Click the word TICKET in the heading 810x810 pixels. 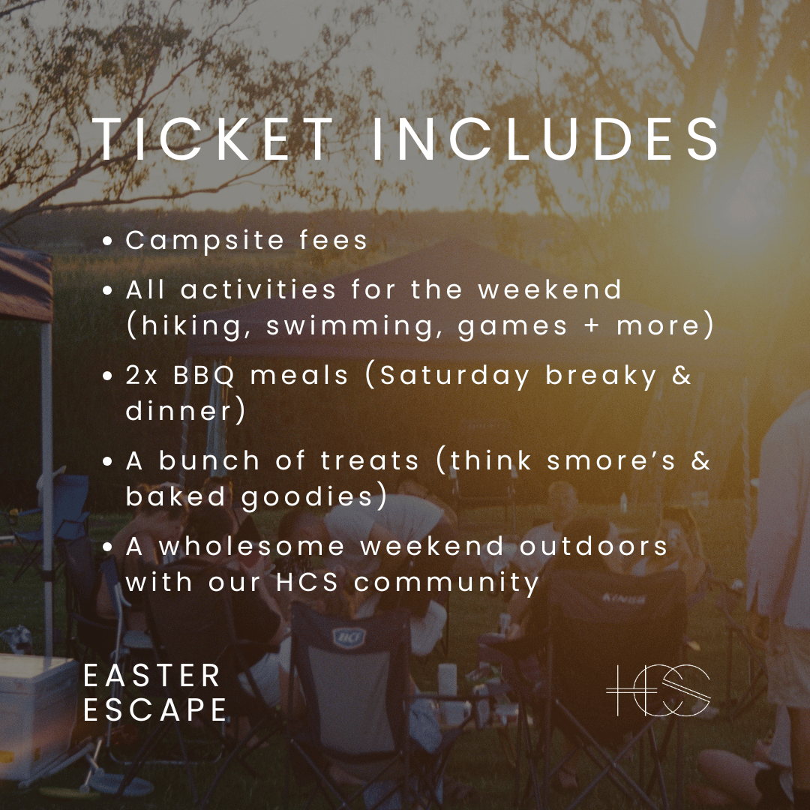point(213,139)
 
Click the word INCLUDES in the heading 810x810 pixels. point(545,139)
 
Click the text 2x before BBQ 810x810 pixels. point(142,375)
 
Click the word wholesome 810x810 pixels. point(252,546)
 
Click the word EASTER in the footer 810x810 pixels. point(152,676)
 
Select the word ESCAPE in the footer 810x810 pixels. point(155,710)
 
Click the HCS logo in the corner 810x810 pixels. point(658,689)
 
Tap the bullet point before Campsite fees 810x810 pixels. point(109,241)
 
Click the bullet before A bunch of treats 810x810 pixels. point(109,461)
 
